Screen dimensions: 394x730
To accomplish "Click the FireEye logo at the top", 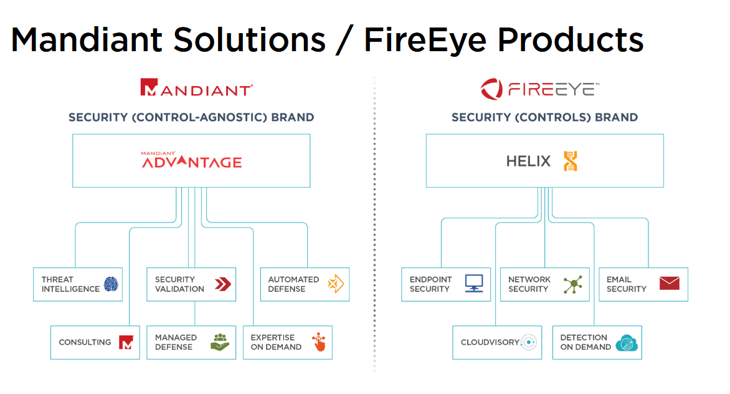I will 539,89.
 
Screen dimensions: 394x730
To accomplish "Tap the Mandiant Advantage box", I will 191,161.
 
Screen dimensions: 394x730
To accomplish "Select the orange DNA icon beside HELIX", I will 571,161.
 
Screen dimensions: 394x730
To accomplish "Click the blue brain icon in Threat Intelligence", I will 111,284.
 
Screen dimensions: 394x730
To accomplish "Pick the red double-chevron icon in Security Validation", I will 222,284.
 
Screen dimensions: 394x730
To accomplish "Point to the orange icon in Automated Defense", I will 336,284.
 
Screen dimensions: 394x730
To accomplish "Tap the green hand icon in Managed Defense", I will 220,342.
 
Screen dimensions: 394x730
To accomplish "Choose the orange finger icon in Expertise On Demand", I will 319,342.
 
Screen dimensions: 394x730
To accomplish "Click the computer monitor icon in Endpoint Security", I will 474,284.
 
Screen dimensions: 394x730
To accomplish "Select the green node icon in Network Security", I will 572,284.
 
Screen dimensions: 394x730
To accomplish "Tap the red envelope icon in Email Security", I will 669,284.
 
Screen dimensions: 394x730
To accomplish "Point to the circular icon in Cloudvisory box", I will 529,342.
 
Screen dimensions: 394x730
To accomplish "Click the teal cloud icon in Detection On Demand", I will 626,342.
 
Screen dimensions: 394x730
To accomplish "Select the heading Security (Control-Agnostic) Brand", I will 191,117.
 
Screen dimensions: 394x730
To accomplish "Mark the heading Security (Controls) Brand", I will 544,117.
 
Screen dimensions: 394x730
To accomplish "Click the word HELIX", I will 528,161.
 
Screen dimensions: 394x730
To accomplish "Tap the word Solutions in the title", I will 249,40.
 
